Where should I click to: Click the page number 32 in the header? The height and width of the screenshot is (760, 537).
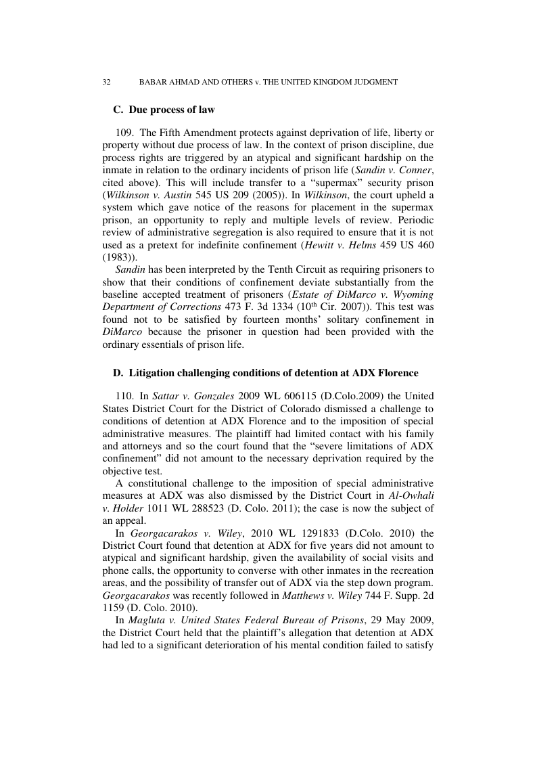(106, 82)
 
